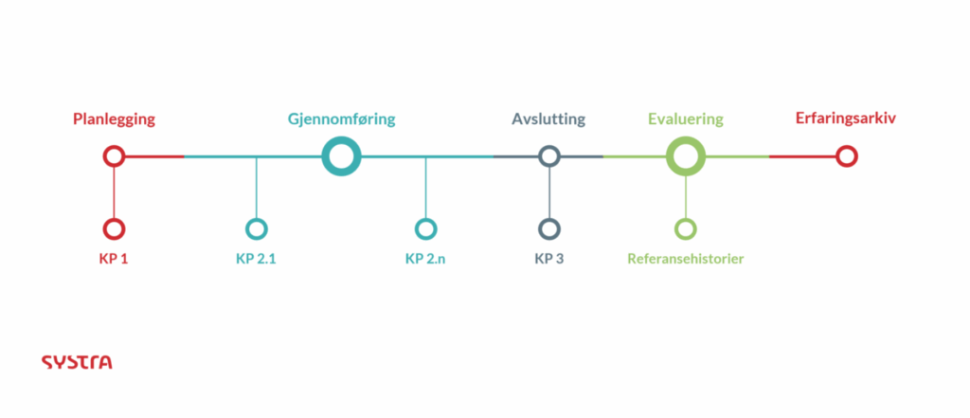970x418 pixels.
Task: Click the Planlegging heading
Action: pos(114,119)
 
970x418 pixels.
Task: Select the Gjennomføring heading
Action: pos(341,119)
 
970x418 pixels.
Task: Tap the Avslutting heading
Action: pos(548,119)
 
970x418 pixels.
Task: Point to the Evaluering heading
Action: pos(685,119)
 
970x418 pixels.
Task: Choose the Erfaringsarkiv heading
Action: pos(846,119)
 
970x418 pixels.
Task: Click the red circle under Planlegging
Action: pos(114,156)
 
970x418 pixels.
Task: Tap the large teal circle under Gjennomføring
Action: pos(341,156)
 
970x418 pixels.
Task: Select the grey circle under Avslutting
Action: pos(549,156)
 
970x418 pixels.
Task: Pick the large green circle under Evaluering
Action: pos(686,156)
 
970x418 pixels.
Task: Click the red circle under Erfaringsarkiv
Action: pos(847,156)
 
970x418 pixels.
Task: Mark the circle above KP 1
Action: pos(114,228)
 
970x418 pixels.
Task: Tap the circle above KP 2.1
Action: pos(256,228)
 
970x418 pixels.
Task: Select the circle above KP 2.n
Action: pos(425,228)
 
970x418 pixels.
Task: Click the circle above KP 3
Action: pos(549,228)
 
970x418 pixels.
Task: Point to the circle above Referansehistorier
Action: pos(686,228)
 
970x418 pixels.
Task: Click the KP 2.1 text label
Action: pos(256,258)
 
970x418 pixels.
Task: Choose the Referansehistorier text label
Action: pos(686,258)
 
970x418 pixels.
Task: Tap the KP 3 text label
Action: pos(549,258)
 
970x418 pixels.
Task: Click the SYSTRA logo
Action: pos(77,362)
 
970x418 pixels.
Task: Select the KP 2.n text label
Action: pos(425,258)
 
